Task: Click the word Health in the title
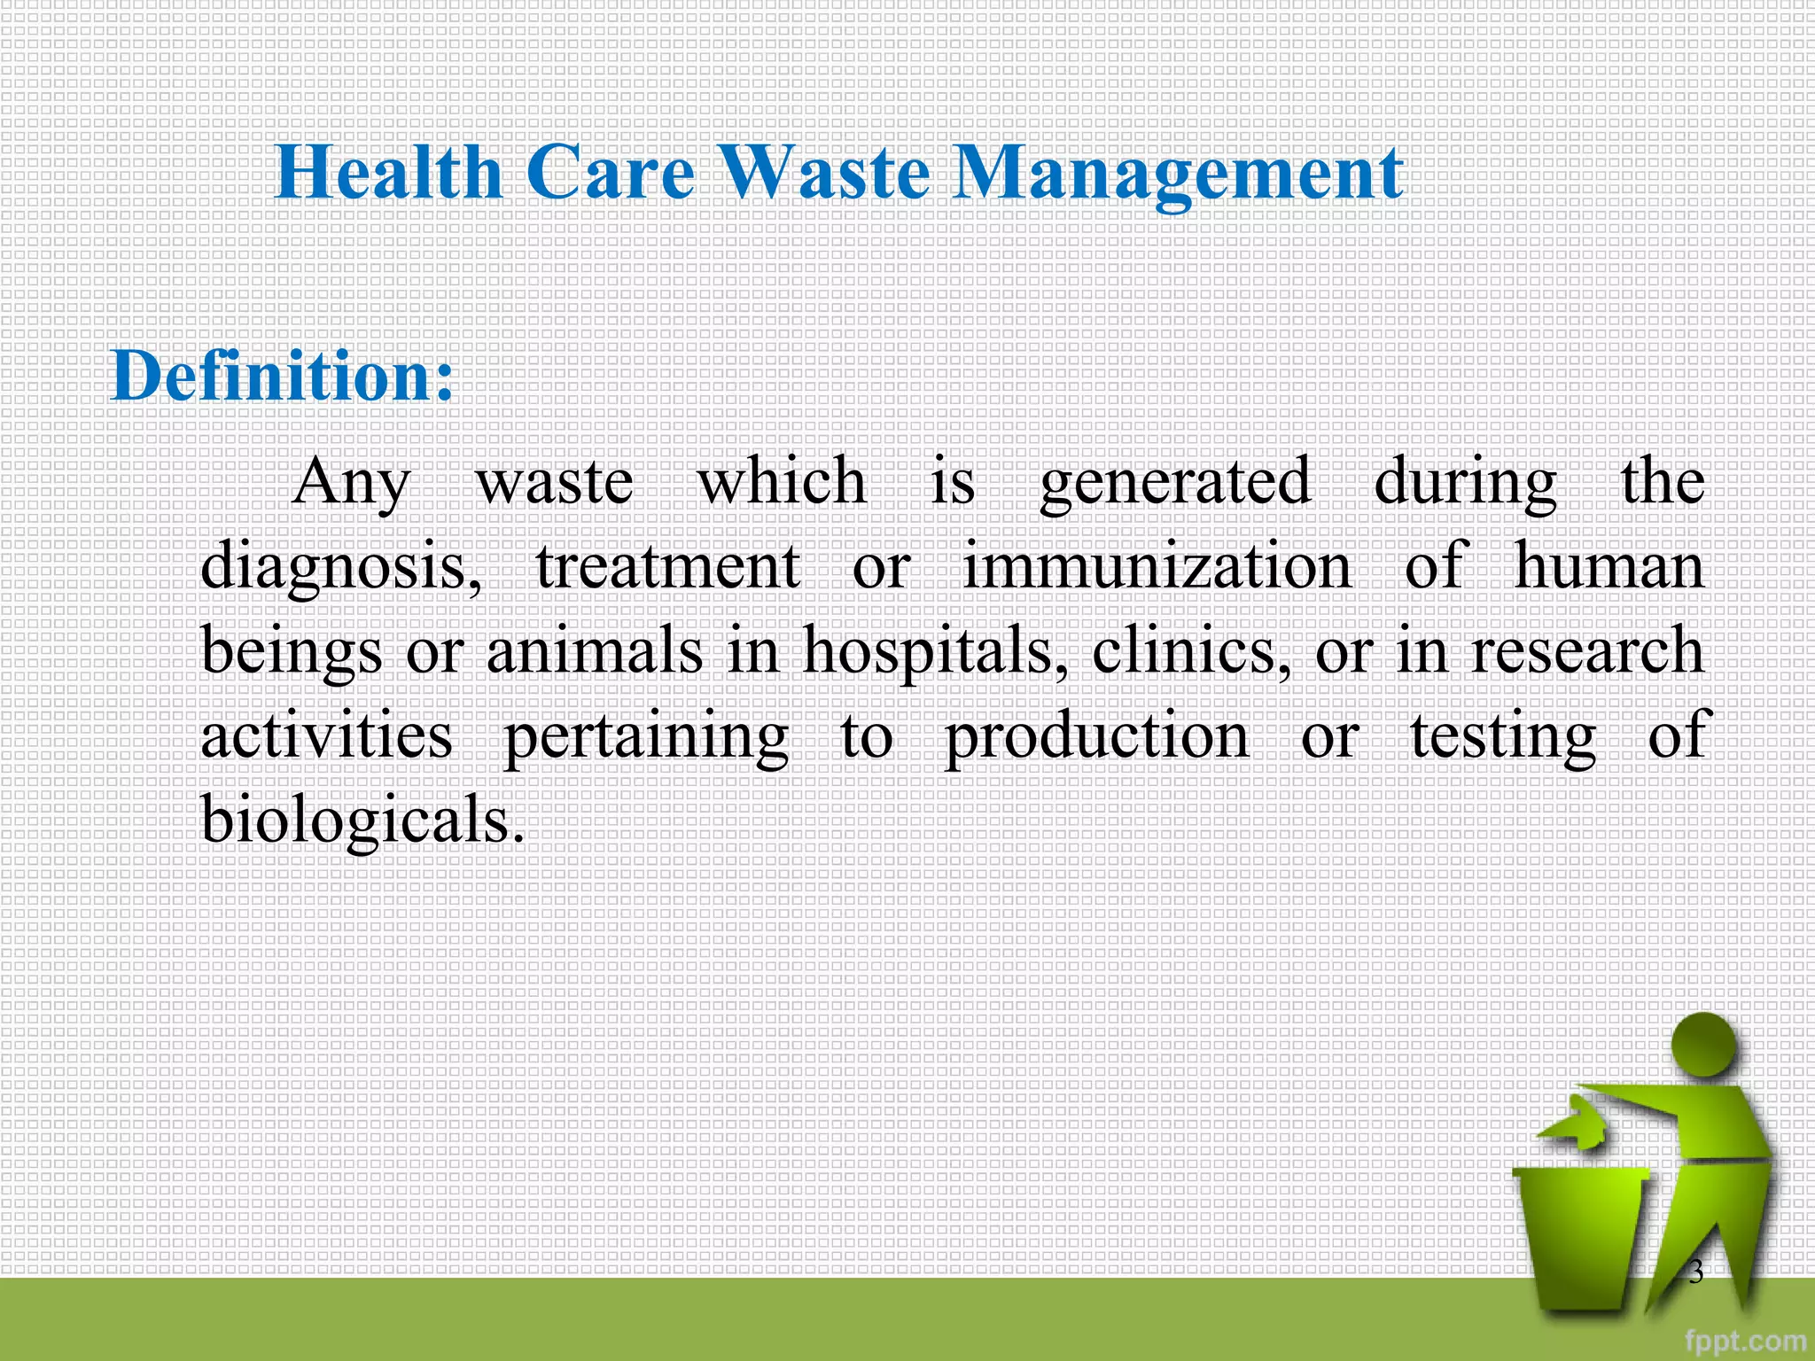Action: pyautogui.click(x=388, y=172)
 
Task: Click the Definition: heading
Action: pyautogui.click(x=282, y=376)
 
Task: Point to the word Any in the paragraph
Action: pyautogui.click(x=351, y=484)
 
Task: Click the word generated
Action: pyautogui.click(x=1174, y=484)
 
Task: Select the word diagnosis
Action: pyautogui.click(x=341, y=568)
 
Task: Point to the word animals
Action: pyautogui.click(x=594, y=650)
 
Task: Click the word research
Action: pyautogui.click(x=1586, y=650)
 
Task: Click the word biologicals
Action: pyautogui.click(x=362, y=820)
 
